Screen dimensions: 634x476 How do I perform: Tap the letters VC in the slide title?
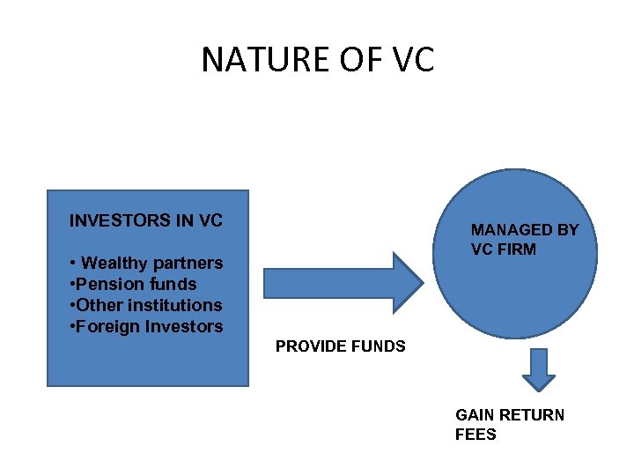[x=409, y=60]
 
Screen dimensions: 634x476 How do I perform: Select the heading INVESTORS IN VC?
[x=146, y=220]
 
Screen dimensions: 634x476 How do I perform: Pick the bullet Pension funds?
[x=136, y=284]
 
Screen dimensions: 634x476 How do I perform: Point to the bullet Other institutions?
[x=149, y=305]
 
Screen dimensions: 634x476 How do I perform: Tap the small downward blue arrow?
[x=538, y=369]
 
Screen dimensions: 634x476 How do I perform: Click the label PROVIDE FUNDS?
[x=341, y=346]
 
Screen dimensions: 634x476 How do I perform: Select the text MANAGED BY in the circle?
[x=525, y=230]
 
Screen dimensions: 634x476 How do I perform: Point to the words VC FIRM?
[x=503, y=249]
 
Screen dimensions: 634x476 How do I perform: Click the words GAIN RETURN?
[x=510, y=415]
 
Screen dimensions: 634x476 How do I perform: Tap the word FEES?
[x=475, y=435]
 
